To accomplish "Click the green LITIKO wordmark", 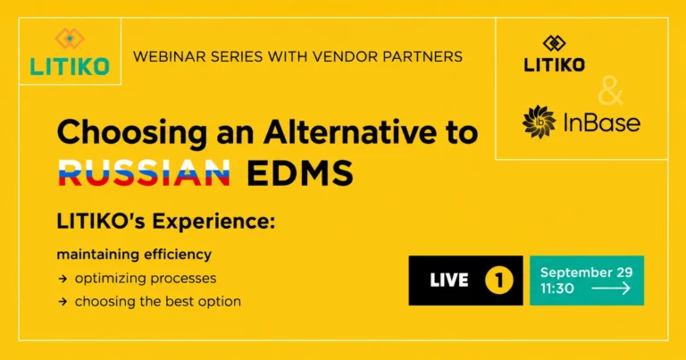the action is pyautogui.click(x=70, y=66).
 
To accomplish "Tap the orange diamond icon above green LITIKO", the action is pyautogui.click(x=70, y=38).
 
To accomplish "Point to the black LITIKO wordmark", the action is pyautogui.click(x=555, y=65).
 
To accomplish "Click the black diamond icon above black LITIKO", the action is pyautogui.click(x=555, y=43).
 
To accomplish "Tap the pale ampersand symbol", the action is pyautogui.click(x=610, y=90).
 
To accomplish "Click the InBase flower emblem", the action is pyautogui.click(x=539, y=122).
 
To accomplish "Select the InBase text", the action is pyautogui.click(x=602, y=122).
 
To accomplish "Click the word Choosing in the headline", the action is pyautogui.click(x=131, y=132).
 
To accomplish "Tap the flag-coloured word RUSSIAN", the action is pyautogui.click(x=145, y=173).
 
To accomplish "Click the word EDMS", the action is pyautogui.click(x=300, y=173).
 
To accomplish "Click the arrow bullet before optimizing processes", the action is pyautogui.click(x=63, y=279).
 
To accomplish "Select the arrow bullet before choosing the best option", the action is pyautogui.click(x=63, y=301).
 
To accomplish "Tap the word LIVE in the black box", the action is pyautogui.click(x=449, y=280).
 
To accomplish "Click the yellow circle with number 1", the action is pyautogui.click(x=499, y=280).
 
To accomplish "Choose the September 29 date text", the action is pyautogui.click(x=586, y=272).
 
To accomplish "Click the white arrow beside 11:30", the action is pyautogui.click(x=611, y=289).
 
